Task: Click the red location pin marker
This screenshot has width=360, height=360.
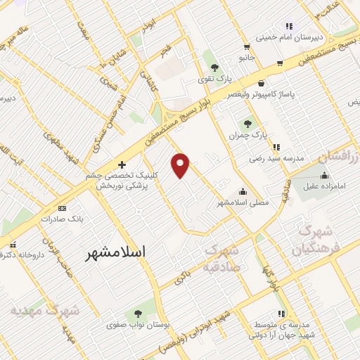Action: pos(181,165)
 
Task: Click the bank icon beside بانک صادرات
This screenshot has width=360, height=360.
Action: pos(62,208)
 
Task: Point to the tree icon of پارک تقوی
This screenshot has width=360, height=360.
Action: pos(214,67)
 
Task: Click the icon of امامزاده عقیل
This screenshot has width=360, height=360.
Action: pos(324,175)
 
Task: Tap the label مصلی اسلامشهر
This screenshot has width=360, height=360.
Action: pos(243,202)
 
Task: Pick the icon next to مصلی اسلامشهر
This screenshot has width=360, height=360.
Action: pos(243,191)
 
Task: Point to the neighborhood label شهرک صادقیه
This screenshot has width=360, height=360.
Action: pos(221,258)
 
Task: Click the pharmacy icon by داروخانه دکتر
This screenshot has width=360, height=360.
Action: pos(12,244)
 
